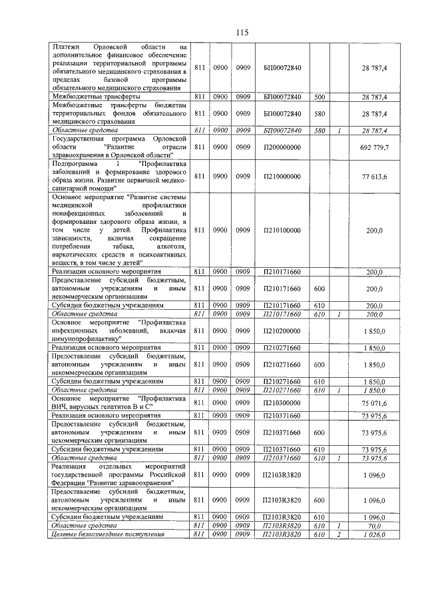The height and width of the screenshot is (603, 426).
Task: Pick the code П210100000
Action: [282, 230]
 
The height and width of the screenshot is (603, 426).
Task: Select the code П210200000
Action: [282, 330]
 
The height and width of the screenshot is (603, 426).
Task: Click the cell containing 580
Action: [319, 130]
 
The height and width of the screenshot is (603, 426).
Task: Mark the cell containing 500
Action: [319, 97]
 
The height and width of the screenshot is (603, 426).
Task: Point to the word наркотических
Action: [76, 255]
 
